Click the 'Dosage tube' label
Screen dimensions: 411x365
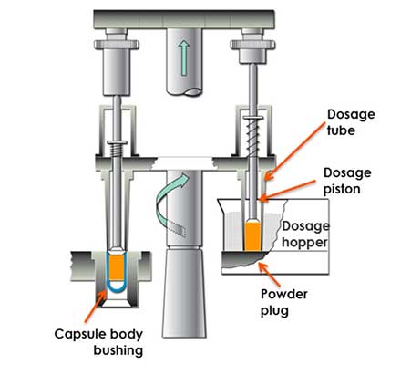click(351, 122)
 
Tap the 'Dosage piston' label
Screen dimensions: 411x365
click(347, 181)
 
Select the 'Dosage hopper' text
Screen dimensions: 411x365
click(305, 235)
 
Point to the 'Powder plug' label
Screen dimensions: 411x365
click(284, 302)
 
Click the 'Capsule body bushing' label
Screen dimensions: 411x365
click(98, 342)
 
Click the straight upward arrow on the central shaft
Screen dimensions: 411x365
click(183, 58)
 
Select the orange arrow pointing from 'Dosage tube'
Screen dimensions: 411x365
click(295, 151)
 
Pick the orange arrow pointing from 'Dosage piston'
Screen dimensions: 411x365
click(288, 191)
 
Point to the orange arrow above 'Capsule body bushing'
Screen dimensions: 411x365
click(96, 306)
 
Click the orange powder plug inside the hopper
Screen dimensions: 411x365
click(252, 236)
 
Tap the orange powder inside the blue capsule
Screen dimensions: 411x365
click(117, 267)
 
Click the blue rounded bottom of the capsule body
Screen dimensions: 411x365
click(117, 291)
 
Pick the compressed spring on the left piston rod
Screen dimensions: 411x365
click(117, 150)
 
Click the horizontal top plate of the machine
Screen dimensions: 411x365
click(184, 19)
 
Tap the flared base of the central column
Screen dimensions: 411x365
click(184, 293)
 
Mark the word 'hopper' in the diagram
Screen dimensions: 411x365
click(304, 243)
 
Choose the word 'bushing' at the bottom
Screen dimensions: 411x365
click(118, 350)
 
